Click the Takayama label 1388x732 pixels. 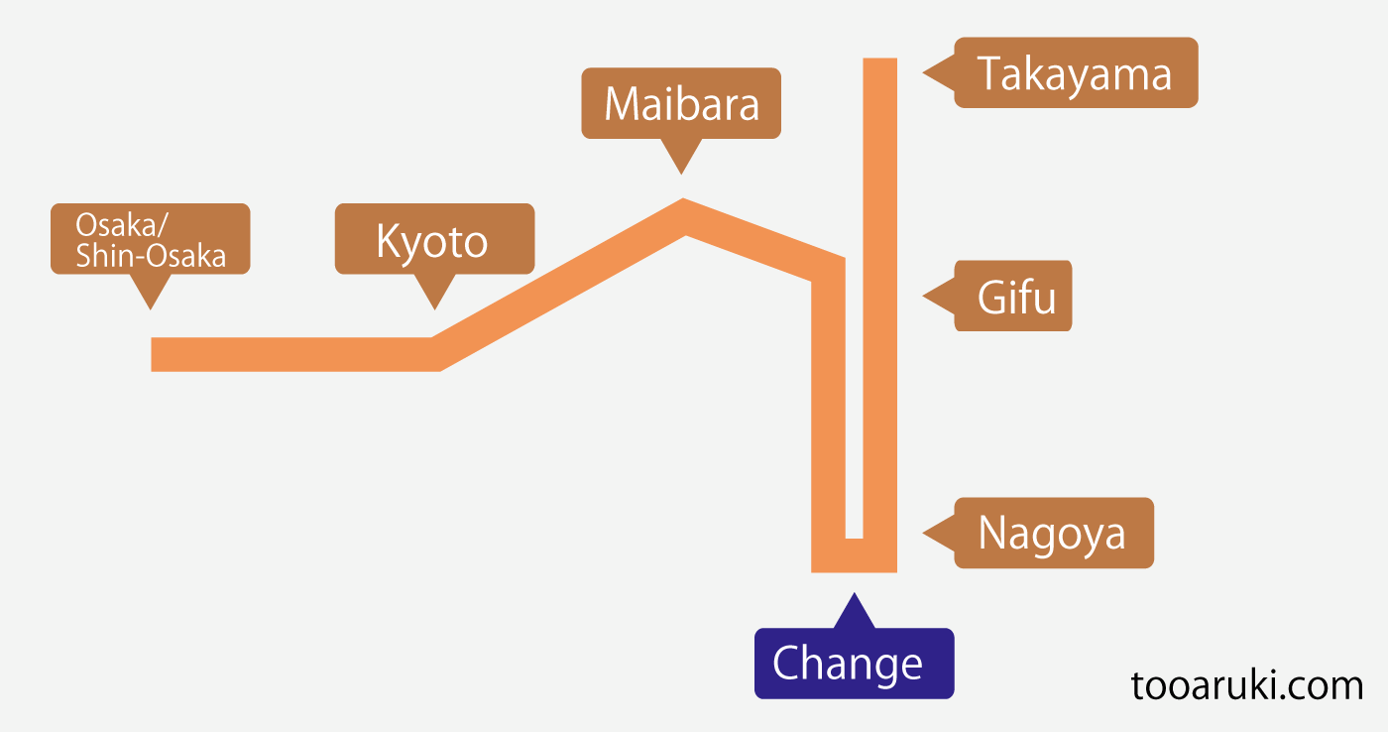tap(1076, 72)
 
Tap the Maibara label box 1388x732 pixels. tap(681, 103)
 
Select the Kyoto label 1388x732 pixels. tap(434, 239)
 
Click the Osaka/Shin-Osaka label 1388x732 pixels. tap(150, 239)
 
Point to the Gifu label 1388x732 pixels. tap(1013, 296)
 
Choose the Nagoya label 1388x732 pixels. tap(1053, 533)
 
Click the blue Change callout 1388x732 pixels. tap(853, 664)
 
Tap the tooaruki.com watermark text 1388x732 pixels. tap(1246, 685)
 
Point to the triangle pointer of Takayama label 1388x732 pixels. tap(937, 72)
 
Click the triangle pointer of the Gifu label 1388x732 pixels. tap(937, 296)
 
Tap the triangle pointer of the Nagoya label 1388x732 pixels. tap(937, 533)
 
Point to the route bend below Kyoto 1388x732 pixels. tap(434, 354)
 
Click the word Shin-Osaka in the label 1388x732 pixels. tap(151, 256)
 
